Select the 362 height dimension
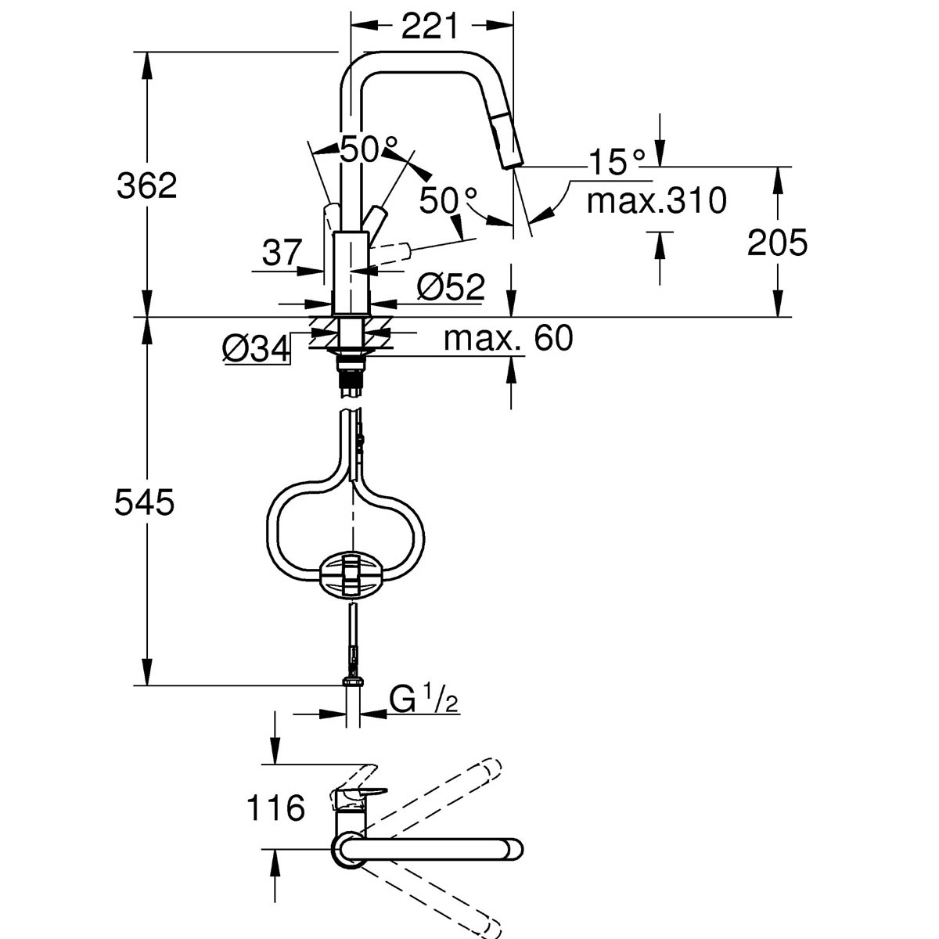pyautogui.click(x=147, y=186)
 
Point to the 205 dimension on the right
pyautogui.click(x=776, y=243)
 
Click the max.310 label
pyautogui.click(x=657, y=201)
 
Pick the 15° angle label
pyautogui.click(x=617, y=162)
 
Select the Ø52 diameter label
pyautogui.click(x=450, y=287)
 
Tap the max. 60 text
pyautogui.click(x=508, y=338)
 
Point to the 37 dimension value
pyautogui.click(x=281, y=253)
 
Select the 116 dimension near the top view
pyautogui.click(x=275, y=808)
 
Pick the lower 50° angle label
pyautogui.click(x=448, y=200)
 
